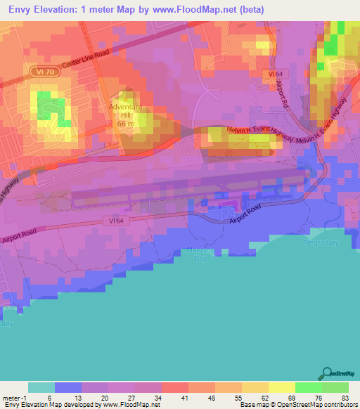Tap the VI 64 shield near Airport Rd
(274, 74)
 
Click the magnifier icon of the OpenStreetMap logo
(328, 372)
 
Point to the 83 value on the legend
(345, 397)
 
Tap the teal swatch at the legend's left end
(41, 387)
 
